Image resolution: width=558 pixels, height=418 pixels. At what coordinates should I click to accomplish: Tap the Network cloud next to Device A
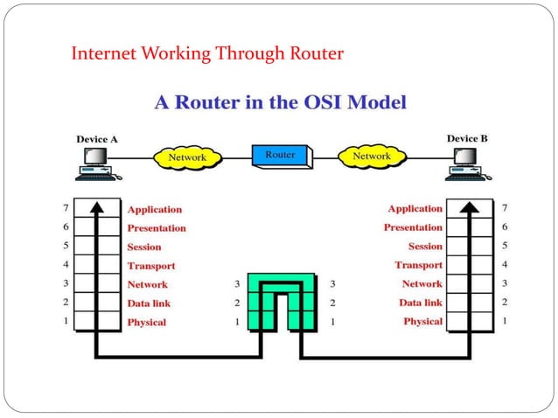(186, 157)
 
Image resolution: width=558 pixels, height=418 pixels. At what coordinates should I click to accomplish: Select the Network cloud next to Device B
(371, 157)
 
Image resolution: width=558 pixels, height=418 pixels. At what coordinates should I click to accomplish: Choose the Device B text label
(468, 138)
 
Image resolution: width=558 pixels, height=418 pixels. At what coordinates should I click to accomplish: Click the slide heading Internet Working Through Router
(206, 54)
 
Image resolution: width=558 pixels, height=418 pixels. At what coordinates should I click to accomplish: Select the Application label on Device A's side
(155, 210)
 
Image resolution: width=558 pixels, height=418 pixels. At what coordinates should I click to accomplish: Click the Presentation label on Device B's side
(413, 227)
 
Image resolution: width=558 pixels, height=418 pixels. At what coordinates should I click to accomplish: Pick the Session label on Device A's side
(145, 247)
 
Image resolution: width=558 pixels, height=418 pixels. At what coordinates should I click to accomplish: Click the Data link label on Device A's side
(149, 303)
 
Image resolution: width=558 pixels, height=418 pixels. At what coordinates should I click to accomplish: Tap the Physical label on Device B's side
(422, 322)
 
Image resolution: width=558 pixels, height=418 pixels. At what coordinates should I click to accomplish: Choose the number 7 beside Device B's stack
(504, 209)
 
